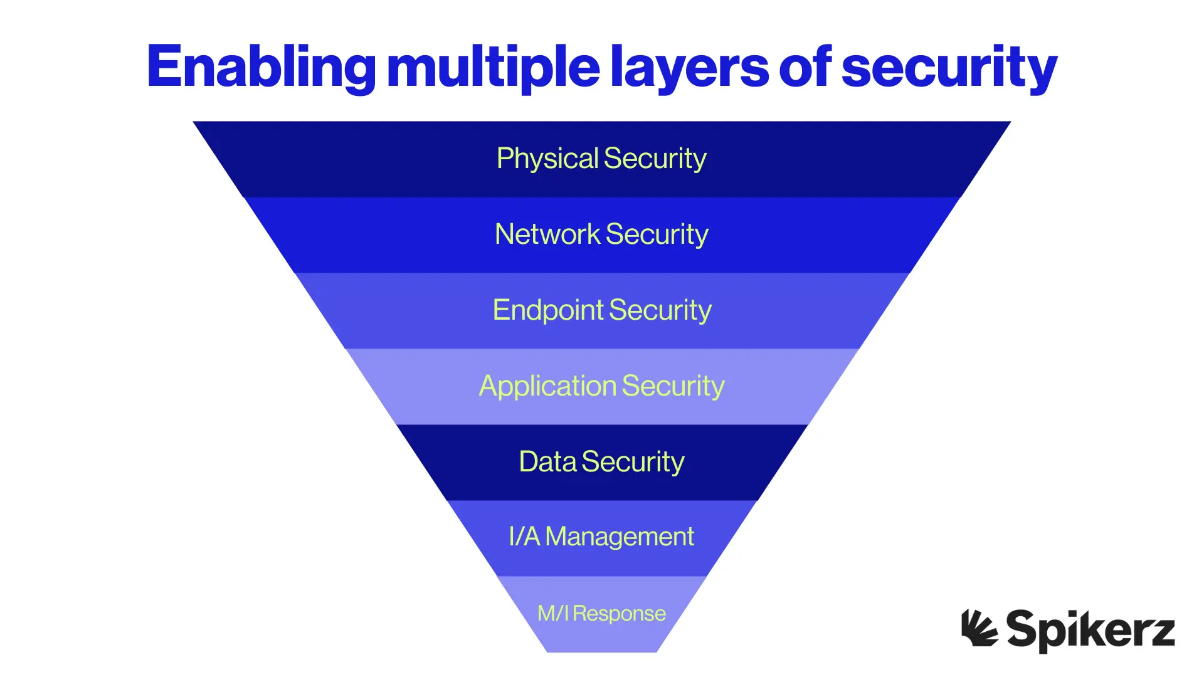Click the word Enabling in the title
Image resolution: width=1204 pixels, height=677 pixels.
[x=261, y=67]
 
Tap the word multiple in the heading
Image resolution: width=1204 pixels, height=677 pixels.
[x=494, y=67]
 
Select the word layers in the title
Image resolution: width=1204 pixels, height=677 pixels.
[x=689, y=67]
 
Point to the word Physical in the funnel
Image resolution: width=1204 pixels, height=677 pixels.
[x=547, y=159]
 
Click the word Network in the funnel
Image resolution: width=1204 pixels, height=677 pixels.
[x=547, y=234]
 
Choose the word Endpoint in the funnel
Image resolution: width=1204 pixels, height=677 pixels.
[x=548, y=310]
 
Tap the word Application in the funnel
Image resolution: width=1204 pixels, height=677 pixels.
[x=548, y=386]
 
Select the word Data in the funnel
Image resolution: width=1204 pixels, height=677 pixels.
[x=547, y=462]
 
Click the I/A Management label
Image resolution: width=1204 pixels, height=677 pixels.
[x=601, y=537]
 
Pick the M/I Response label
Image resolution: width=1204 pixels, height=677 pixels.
[x=601, y=613]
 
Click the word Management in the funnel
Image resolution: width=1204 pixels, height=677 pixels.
[x=620, y=537]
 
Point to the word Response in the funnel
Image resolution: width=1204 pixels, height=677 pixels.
[x=619, y=614]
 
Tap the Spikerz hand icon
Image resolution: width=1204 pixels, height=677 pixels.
[x=979, y=628]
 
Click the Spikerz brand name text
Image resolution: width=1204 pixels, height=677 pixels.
[x=1090, y=629]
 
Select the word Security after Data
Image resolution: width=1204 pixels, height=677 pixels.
[x=633, y=462]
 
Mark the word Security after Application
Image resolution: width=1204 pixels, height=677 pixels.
[x=673, y=386]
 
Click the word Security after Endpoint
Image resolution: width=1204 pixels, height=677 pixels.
[x=660, y=310]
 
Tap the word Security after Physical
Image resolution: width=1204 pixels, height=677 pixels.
[x=655, y=159]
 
